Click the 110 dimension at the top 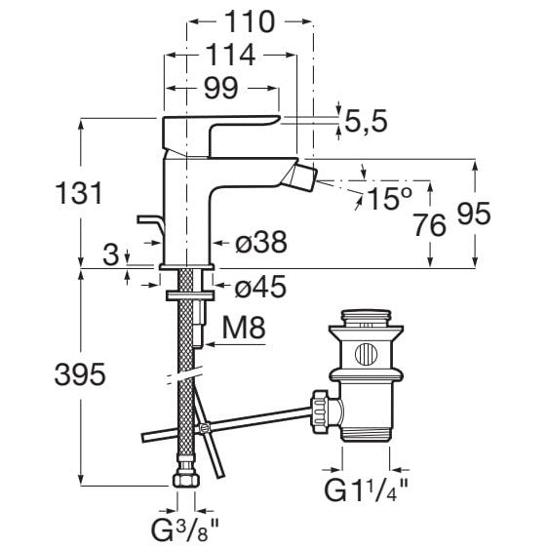[250, 21]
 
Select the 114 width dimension [230, 55]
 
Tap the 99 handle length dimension [221, 88]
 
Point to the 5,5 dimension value [366, 121]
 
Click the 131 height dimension [79, 192]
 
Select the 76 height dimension [430, 225]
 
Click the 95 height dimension [474, 214]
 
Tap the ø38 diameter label [261, 242]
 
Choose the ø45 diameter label [260, 287]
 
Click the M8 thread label [244, 328]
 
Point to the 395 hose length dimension [80, 374]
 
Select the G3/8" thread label [185, 527]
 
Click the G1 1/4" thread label [366, 489]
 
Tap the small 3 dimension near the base [111, 254]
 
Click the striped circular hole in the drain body [367, 354]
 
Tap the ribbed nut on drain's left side [321, 411]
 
